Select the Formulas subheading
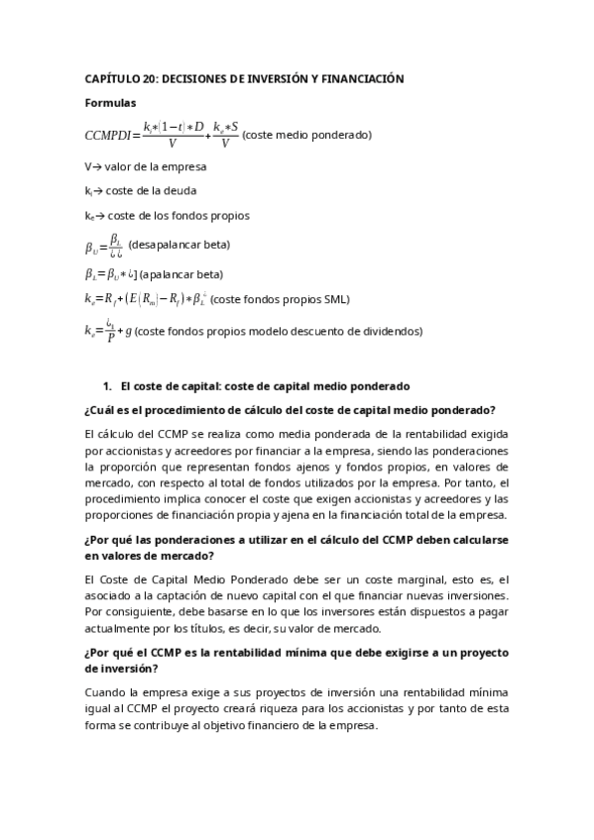pos(111,102)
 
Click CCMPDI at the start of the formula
pos(111,135)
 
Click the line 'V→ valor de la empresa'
pos(146,166)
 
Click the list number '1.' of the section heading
pos(108,385)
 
